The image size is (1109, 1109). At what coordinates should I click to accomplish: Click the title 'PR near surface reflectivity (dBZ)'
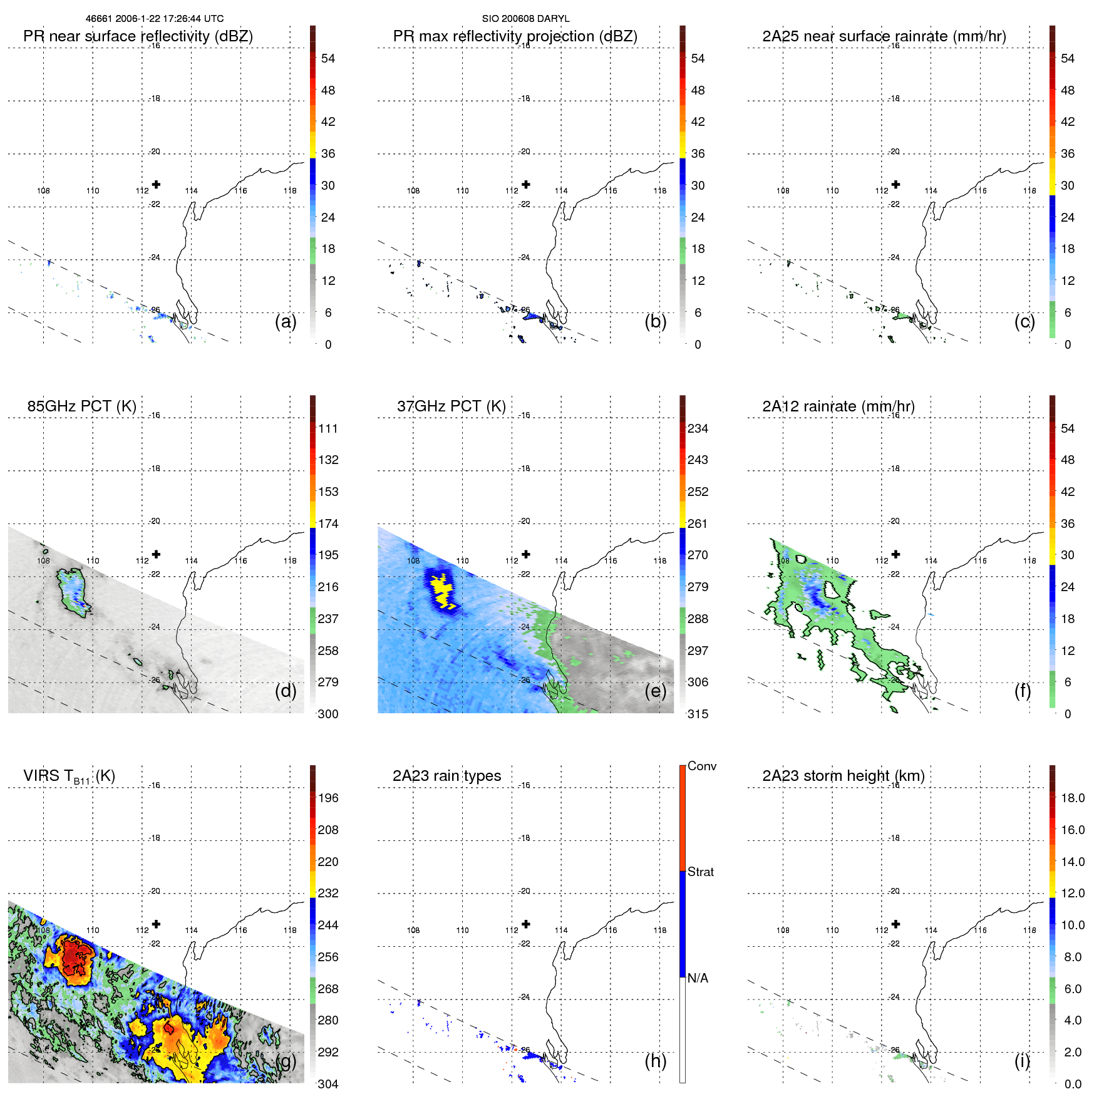coord(138,36)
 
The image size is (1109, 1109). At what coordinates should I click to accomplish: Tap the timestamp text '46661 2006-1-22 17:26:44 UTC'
coord(154,19)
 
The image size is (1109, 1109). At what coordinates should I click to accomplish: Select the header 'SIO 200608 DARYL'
coord(525,19)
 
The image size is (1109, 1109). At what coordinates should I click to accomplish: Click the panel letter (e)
coord(655,691)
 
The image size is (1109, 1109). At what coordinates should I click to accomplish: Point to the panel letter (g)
coord(286,1061)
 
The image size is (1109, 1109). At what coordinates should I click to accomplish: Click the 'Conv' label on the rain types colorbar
coord(701,766)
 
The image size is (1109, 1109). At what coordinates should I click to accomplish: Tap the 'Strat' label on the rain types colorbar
coord(700,872)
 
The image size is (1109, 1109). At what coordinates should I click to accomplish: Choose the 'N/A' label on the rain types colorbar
coord(698,978)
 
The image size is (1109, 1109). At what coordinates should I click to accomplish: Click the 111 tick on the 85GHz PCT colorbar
coord(328,429)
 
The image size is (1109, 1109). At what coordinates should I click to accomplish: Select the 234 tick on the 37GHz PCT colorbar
coord(698,429)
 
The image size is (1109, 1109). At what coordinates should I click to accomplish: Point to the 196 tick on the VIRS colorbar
coord(328,798)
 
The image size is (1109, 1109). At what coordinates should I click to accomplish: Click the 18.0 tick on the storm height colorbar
coord(1072,798)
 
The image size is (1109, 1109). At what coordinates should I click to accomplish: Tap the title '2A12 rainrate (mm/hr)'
coord(838,406)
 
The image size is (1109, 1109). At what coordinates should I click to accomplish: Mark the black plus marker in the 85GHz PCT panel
coord(156,554)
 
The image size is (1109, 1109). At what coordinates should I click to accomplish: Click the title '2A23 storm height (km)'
coord(843,776)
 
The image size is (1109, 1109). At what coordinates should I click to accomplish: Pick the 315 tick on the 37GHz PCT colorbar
coord(698,714)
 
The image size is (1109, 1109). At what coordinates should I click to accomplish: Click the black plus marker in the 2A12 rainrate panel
coord(895,554)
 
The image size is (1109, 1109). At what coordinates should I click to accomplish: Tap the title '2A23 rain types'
coord(446,776)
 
